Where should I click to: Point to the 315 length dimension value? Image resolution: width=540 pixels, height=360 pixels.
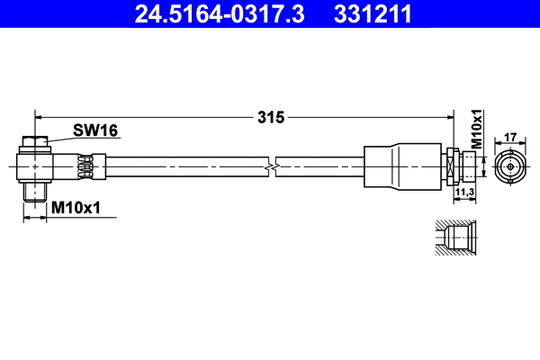click(271, 116)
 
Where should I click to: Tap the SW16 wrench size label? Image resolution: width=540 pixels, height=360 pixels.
click(95, 131)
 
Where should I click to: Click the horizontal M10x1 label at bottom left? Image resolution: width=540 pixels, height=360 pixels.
click(76, 208)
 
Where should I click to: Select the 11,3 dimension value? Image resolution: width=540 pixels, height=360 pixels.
click(464, 192)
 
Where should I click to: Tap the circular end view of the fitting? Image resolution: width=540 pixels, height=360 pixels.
click(508, 167)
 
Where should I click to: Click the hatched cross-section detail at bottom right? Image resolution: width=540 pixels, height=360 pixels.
click(455, 239)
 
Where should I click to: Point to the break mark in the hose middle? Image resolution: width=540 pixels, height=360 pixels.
click(272, 167)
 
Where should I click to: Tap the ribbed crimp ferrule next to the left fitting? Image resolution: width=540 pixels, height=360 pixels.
click(86, 166)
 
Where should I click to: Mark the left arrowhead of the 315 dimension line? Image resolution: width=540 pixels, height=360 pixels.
click(38, 116)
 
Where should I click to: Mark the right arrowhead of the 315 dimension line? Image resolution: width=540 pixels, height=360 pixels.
click(448, 116)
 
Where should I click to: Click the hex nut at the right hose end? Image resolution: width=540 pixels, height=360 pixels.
click(449, 167)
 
